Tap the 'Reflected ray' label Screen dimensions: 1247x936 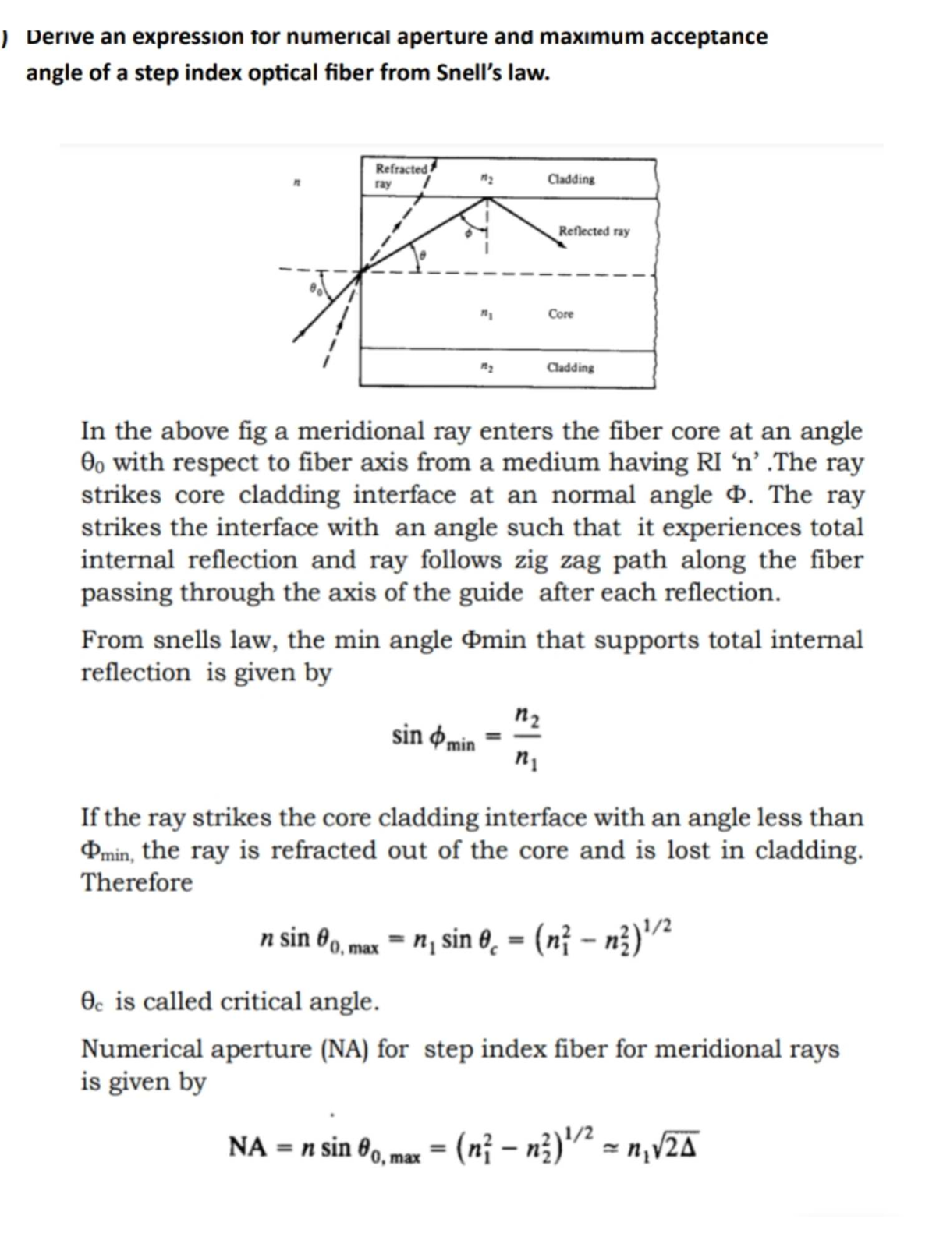(x=594, y=231)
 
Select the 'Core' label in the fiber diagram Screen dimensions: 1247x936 (x=561, y=314)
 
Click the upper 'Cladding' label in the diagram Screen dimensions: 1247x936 (x=571, y=179)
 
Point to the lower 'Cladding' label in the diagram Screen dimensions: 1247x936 (x=570, y=368)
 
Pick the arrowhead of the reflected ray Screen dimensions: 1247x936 (x=561, y=245)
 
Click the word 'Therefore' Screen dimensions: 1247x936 (x=137, y=882)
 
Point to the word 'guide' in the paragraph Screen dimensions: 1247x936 (x=491, y=593)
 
